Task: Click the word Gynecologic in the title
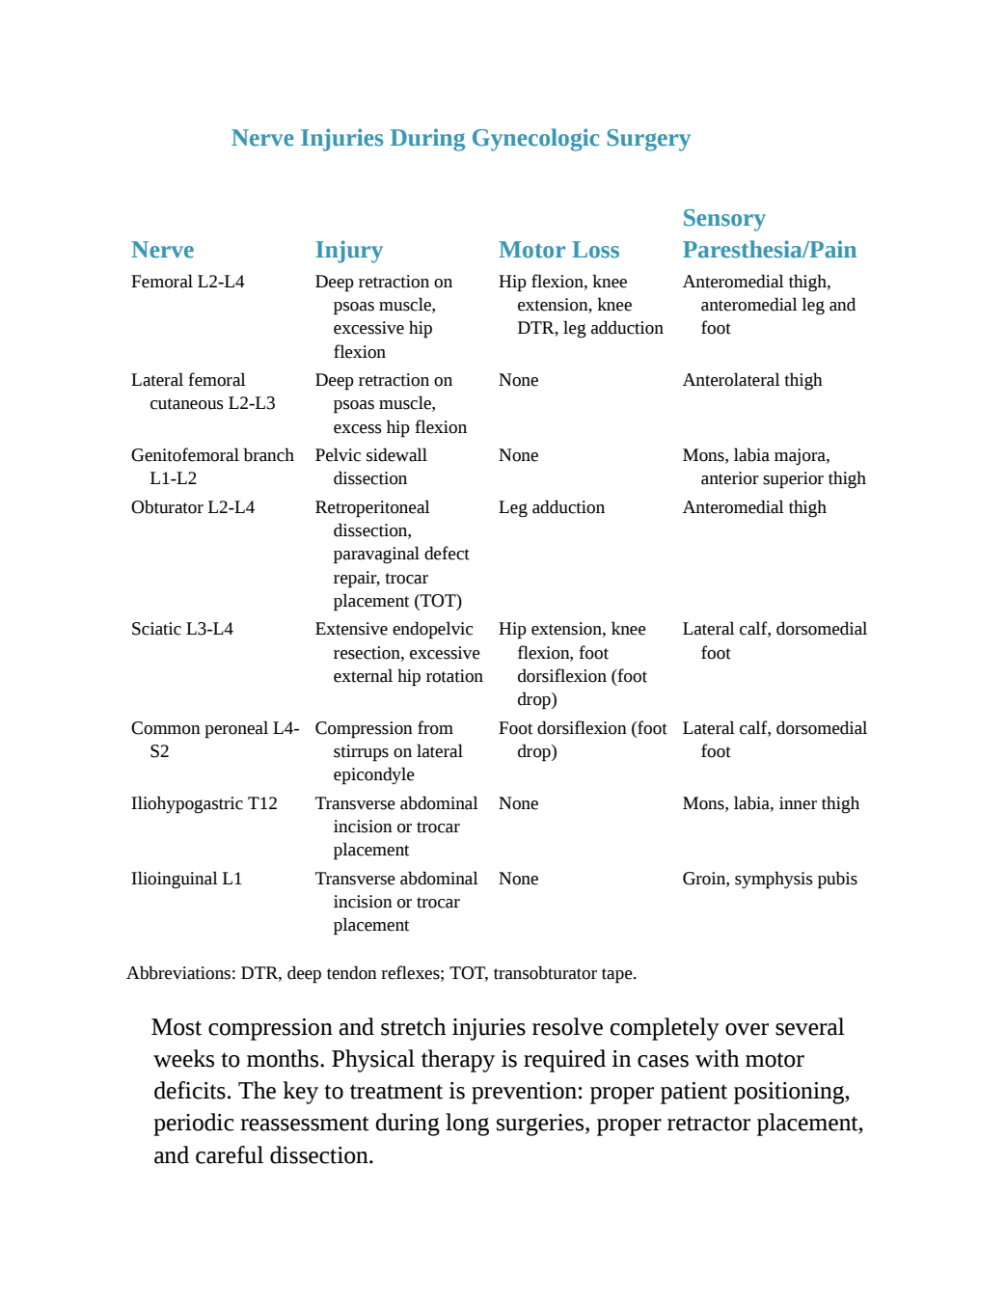pos(535,139)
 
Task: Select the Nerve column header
pos(162,249)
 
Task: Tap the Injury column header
pos(349,251)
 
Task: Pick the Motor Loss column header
pos(559,249)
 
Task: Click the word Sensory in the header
pos(723,218)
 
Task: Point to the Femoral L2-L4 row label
pos(187,282)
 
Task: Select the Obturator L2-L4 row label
pos(193,507)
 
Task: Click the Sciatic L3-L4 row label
pos(182,629)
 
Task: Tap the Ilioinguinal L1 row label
pos(186,879)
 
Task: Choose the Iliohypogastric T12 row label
pos(204,802)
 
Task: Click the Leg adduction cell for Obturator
pos(552,507)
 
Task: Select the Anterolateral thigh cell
pos(752,380)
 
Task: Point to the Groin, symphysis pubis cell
pos(770,879)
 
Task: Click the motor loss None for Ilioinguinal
pos(518,879)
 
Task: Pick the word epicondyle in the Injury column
pos(373,774)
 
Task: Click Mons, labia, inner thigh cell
pos(771,803)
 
